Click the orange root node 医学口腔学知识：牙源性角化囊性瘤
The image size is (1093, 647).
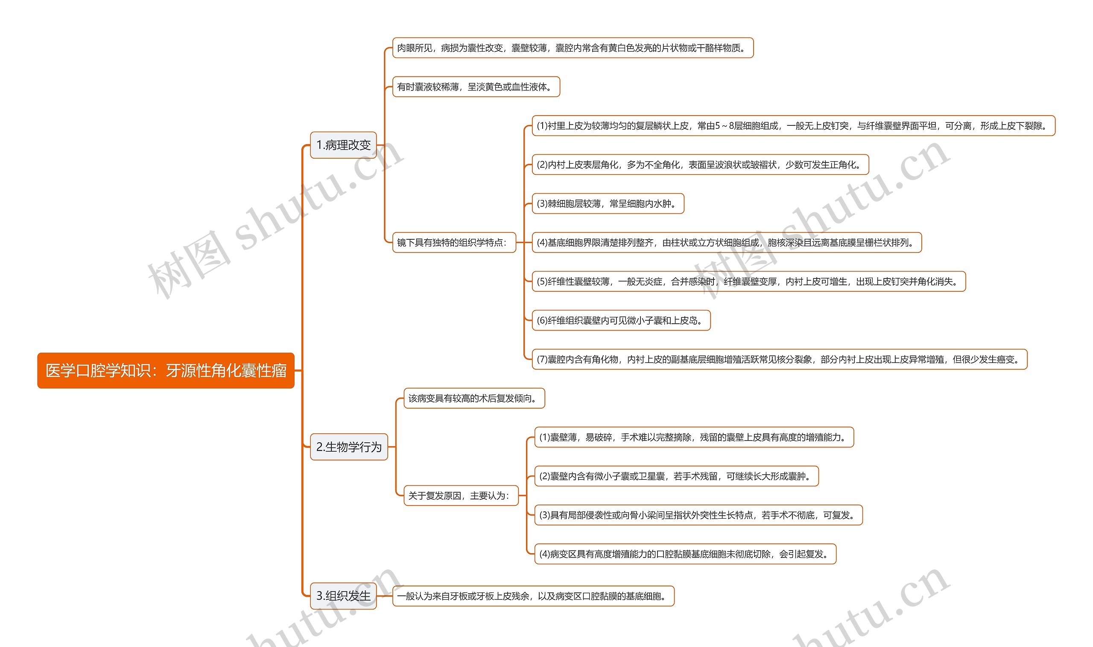[166, 371]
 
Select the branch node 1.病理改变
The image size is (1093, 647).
[343, 145]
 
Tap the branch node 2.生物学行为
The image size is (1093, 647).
[349, 447]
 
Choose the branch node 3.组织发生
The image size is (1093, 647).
[343, 596]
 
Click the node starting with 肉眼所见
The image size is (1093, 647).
[573, 48]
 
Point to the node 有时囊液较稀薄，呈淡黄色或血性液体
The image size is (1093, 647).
[476, 87]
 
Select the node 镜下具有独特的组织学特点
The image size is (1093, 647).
[454, 242]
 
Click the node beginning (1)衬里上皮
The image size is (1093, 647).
[793, 126]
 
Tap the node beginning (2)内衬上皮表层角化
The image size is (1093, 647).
[700, 165]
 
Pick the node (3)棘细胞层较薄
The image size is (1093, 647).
[608, 203]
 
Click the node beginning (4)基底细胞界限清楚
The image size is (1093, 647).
[727, 242]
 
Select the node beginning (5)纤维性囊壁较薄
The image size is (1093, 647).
[748, 281]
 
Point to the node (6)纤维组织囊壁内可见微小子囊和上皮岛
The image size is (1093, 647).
[621, 320]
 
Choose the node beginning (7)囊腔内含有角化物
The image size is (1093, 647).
[779, 359]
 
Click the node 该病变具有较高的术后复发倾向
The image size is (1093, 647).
[474, 398]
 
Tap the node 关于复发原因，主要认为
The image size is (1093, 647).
[461, 496]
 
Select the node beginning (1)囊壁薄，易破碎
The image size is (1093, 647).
[694, 437]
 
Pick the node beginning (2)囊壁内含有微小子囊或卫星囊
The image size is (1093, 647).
[676, 476]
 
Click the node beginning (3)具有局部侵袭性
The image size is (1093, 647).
[698, 515]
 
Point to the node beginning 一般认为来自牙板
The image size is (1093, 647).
[533, 596]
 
